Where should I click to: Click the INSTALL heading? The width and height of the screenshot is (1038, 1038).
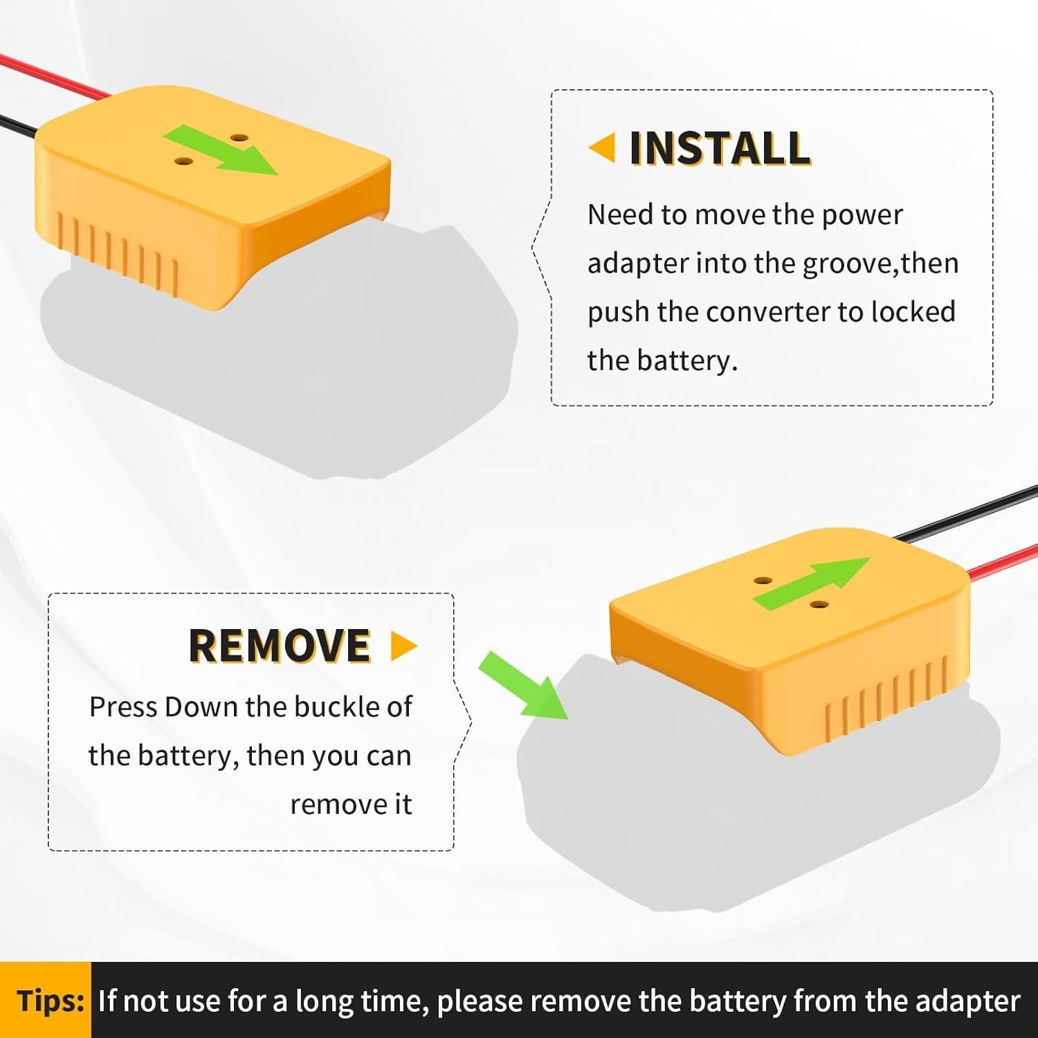(x=720, y=148)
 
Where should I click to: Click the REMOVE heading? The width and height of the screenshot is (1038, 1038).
(x=280, y=646)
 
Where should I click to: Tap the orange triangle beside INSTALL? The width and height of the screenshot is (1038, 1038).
(x=603, y=148)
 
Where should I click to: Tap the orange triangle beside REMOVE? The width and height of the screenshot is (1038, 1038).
(x=403, y=646)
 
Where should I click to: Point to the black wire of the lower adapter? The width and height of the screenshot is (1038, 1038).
(x=969, y=512)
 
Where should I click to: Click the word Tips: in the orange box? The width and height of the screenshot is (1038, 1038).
(x=50, y=1001)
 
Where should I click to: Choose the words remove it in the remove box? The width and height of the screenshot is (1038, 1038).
(x=351, y=804)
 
